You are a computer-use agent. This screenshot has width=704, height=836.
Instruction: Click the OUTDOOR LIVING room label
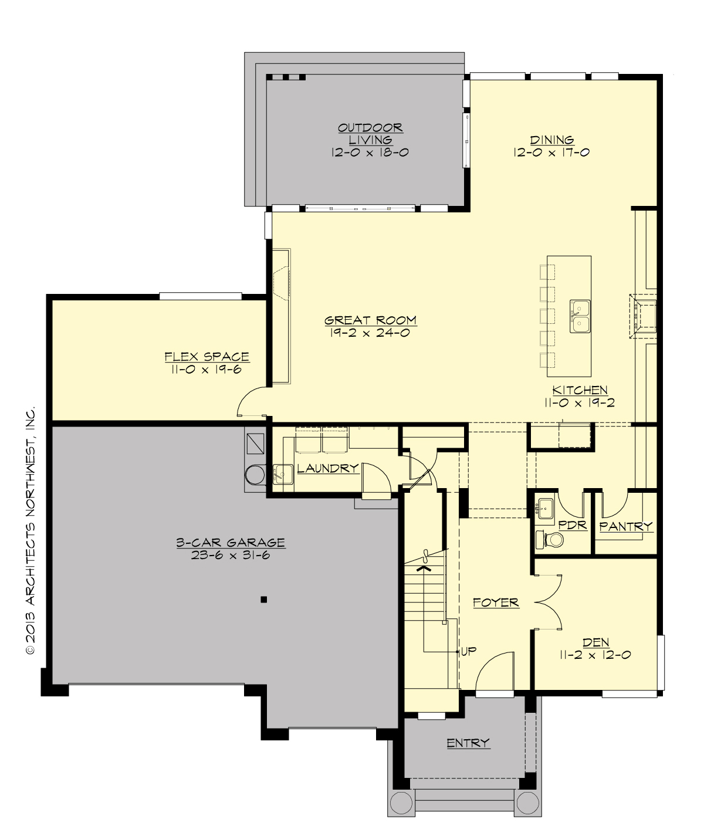tap(370, 134)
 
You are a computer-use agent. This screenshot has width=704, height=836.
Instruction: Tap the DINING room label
tap(551, 140)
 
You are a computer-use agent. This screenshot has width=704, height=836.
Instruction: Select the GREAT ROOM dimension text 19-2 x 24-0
tap(370, 333)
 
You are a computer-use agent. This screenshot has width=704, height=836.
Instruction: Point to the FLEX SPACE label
tap(207, 357)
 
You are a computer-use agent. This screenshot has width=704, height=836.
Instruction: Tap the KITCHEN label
tap(580, 390)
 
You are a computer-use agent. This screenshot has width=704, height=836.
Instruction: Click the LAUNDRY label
tap(327, 468)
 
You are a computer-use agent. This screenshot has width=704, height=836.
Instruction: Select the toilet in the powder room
tap(546, 539)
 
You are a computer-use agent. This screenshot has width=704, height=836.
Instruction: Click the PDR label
tap(573, 525)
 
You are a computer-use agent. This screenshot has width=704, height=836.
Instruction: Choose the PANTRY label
tap(626, 526)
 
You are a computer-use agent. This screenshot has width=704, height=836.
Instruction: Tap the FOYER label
tap(496, 602)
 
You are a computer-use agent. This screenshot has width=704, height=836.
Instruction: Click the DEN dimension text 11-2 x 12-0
tap(595, 655)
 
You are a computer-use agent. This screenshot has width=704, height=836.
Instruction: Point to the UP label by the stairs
tap(468, 651)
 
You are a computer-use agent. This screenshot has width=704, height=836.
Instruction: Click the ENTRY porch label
tap(468, 743)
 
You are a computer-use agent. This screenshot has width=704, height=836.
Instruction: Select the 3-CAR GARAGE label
tap(231, 543)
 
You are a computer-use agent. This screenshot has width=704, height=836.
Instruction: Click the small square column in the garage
tap(264, 599)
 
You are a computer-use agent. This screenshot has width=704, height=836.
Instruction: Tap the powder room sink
tap(545, 508)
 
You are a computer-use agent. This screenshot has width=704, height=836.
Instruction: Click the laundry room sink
tap(282, 473)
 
